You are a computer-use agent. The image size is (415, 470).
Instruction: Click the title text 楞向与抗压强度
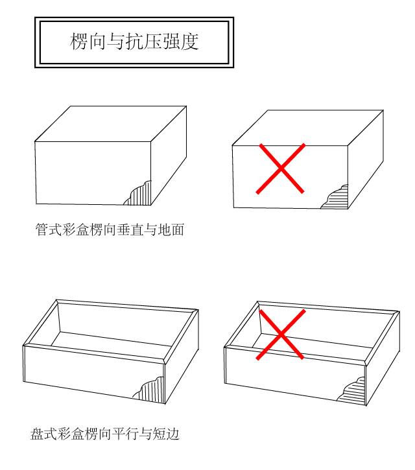tap(134, 41)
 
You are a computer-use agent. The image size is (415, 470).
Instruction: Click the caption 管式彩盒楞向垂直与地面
tap(110, 230)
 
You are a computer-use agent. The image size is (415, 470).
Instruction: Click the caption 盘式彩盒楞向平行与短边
tap(105, 434)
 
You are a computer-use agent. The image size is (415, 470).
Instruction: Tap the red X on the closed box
tap(281, 169)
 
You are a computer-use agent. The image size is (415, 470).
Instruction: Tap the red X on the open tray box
tap(281, 335)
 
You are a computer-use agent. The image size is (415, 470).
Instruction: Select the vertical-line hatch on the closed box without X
tap(140, 195)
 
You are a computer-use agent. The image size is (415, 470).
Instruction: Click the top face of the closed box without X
tap(111, 123)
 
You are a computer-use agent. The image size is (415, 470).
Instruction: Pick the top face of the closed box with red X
tap(308, 128)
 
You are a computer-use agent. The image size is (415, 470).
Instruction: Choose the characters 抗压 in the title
tap(144, 41)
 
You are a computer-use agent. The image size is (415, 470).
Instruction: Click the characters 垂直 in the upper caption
tap(130, 230)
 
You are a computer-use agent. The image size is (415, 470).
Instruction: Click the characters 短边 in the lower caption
tap(166, 434)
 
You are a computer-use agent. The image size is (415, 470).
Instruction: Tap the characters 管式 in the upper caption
tap(49, 230)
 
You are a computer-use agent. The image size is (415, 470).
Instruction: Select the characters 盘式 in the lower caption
tap(44, 434)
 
